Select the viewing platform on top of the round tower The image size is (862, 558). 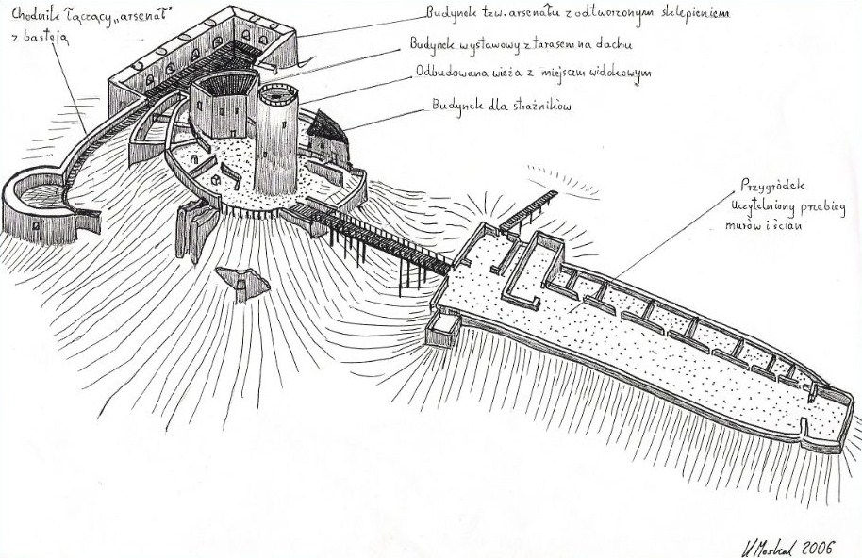(277, 94)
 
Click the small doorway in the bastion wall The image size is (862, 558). (35, 227)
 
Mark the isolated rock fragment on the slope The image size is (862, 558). (242, 282)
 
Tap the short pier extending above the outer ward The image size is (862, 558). (528, 208)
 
